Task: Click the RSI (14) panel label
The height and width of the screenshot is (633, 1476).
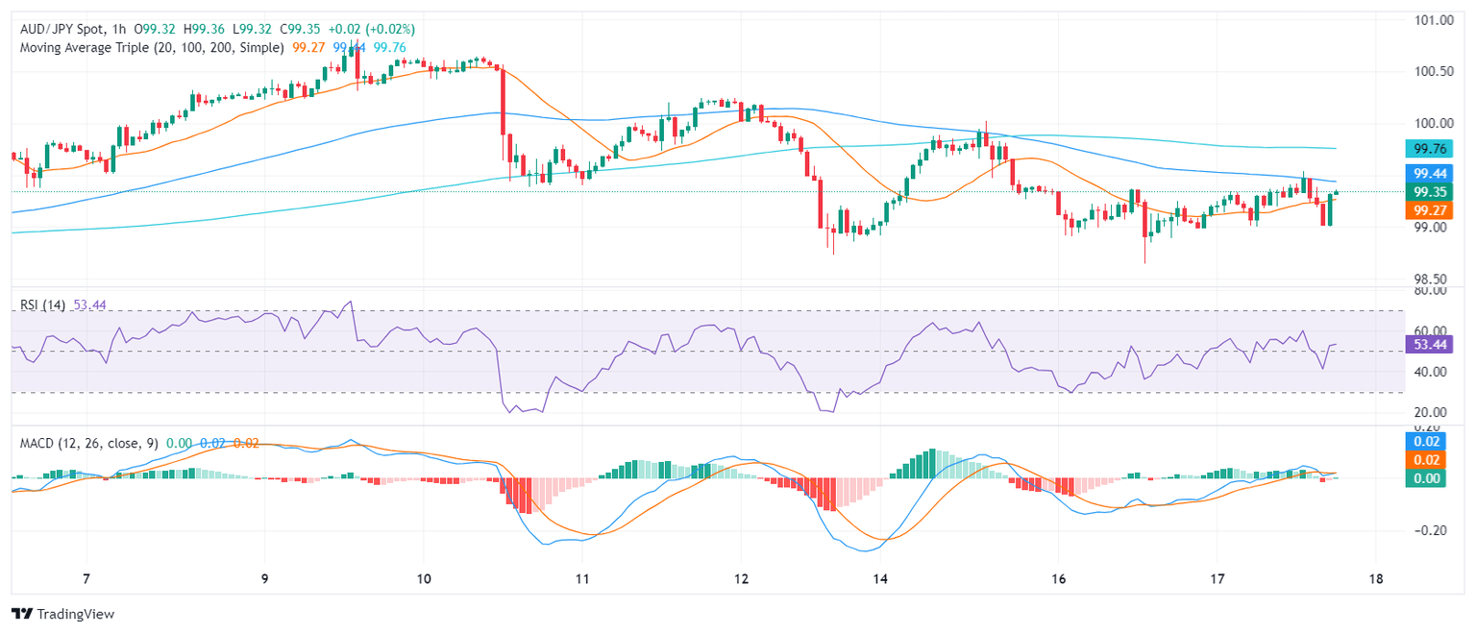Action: tap(43, 304)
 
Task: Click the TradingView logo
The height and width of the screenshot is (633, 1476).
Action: tap(62, 614)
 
